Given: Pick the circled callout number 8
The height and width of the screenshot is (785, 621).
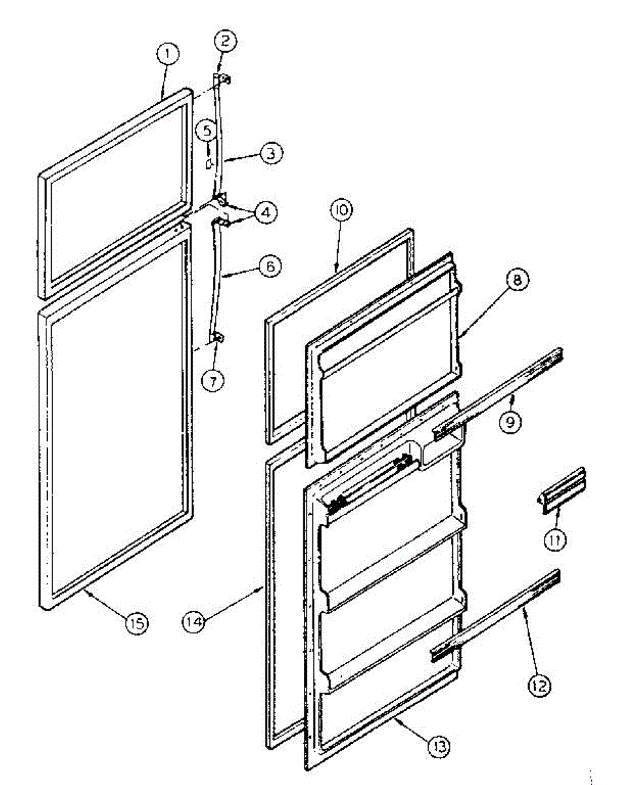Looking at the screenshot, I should pyautogui.click(x=517, y=281).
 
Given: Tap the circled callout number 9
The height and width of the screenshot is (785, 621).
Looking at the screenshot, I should pyautogui.click(x=511, y=422).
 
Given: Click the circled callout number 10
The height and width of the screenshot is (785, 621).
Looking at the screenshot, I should pyautogui.click(x=341, y=211).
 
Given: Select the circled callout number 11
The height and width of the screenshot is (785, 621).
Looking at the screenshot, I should pyautogui.click(x=556, y=540).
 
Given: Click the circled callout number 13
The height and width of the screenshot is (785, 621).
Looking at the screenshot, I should pyautogui.click(x=439, y=744).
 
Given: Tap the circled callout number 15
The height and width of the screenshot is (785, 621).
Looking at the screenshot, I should pyautogui.click(x=137, y=621).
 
